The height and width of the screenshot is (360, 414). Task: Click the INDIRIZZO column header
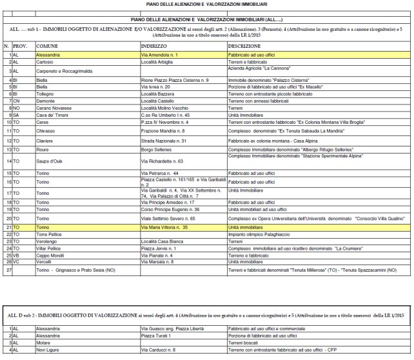click(154, 47)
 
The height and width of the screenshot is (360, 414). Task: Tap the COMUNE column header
click(48, 47)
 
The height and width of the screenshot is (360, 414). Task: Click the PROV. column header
click(20, 47)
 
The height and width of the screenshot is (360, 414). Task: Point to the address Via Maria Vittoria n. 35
click(165, 228)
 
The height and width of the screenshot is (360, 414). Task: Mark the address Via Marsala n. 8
click(157, 261)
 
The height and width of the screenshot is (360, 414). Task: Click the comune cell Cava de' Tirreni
click(53, 115)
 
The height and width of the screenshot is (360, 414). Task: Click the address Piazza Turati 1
click(158, 335)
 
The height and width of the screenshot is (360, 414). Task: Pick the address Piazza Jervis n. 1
click(159, 248)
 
